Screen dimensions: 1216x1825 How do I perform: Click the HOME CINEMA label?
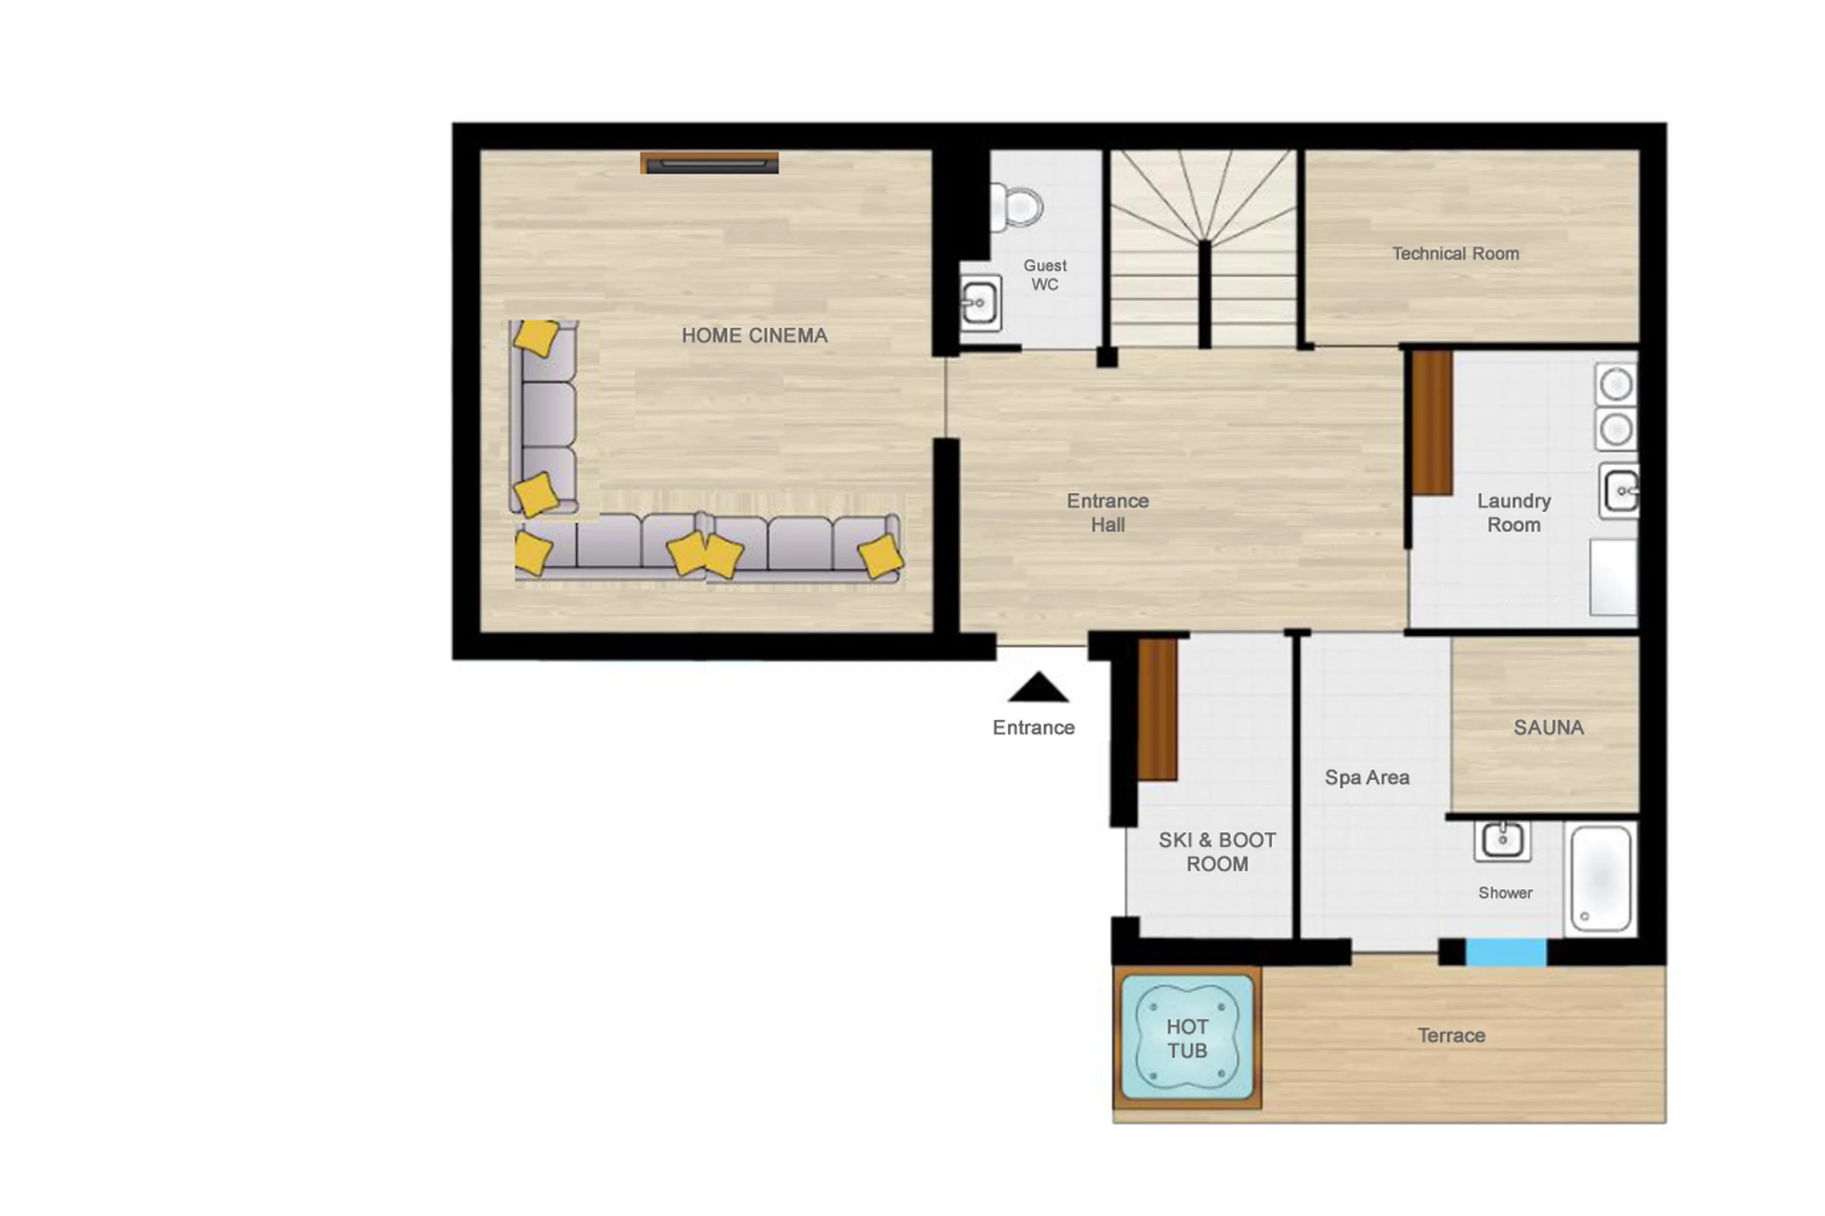pyautogui.click(x=754, y=336)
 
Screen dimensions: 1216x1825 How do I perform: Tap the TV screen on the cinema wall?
pyautogui.click(x=709, y=163)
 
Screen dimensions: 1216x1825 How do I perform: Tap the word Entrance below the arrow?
pyautogui.click(x=1033, y=728)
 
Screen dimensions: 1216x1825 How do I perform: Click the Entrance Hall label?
pyautogui.click(x=1107, y=513)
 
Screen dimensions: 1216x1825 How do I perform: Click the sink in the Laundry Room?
pyautogui.click(x=1620, y=491)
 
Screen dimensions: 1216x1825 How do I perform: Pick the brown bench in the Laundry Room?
pyautogui.click(x=1432, y=422)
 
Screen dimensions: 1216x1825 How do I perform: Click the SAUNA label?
pyautogui.click(x=1547, y=728)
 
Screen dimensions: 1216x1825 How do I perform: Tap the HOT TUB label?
pyautogui.click(x=1187, y=1038)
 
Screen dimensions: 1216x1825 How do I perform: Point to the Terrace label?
pyautogui.click(x=1450, y=1035)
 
